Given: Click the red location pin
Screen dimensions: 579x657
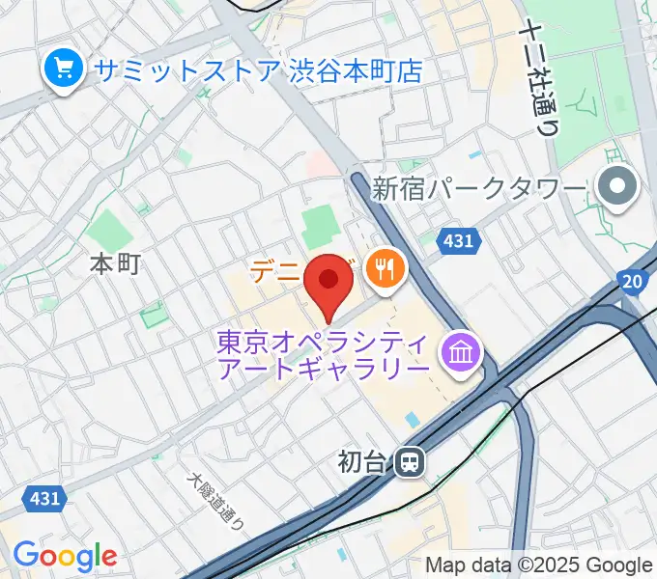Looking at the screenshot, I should pos(328,282).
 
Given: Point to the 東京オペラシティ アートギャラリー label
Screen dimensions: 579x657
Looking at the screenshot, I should pos(324,356).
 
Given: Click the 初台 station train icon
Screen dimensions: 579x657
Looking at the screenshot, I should pos(410,462).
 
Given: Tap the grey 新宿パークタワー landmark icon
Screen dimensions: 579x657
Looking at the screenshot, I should pos(617,187).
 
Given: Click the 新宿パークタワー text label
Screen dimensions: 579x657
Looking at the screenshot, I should pos(479,187).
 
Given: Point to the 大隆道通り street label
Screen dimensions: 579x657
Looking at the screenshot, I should pos(216,503).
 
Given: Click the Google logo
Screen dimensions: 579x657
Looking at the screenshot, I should pos(65,556).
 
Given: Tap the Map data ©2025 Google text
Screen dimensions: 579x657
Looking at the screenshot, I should pos(539,565).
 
